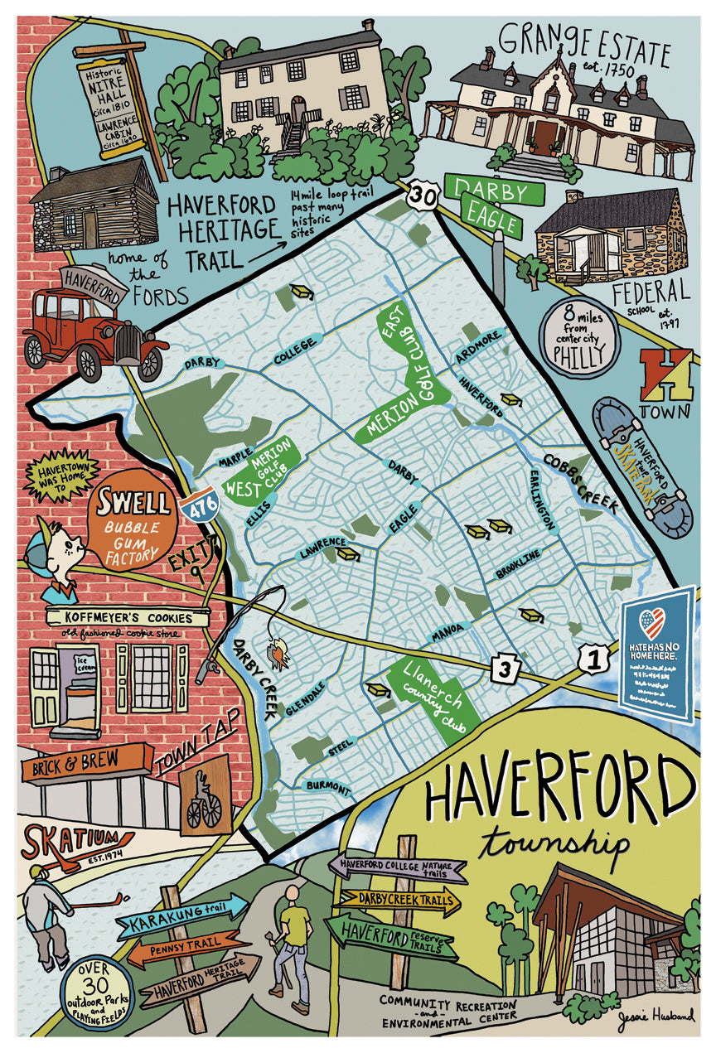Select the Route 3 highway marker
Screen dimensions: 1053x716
pos(505,666)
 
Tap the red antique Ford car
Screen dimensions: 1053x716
pos(93,329)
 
